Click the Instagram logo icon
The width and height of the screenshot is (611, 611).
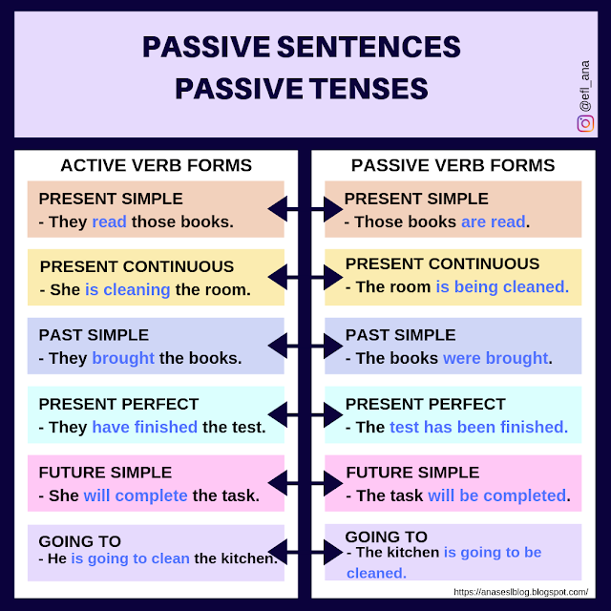coord(584,123)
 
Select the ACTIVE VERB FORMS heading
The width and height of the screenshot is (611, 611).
coord(156,165)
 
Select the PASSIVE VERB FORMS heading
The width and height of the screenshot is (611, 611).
coord(453,165)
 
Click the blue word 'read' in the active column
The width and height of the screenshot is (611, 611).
coord(109,222)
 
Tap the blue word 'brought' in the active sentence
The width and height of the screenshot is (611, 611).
coord(123,359)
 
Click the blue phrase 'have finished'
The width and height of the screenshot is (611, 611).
coord(144,427)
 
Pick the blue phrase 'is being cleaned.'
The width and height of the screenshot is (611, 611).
coord(502,286)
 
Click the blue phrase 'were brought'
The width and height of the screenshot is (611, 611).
coord(495,359)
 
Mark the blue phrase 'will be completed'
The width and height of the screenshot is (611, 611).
coord(496,495)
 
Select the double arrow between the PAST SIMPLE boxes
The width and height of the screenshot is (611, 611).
coord(305,345)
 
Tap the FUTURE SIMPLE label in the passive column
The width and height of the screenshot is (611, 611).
coord(412,472)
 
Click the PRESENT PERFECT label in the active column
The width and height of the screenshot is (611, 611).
coord(118,404)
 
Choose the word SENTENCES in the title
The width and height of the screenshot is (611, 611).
coord(367,47)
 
